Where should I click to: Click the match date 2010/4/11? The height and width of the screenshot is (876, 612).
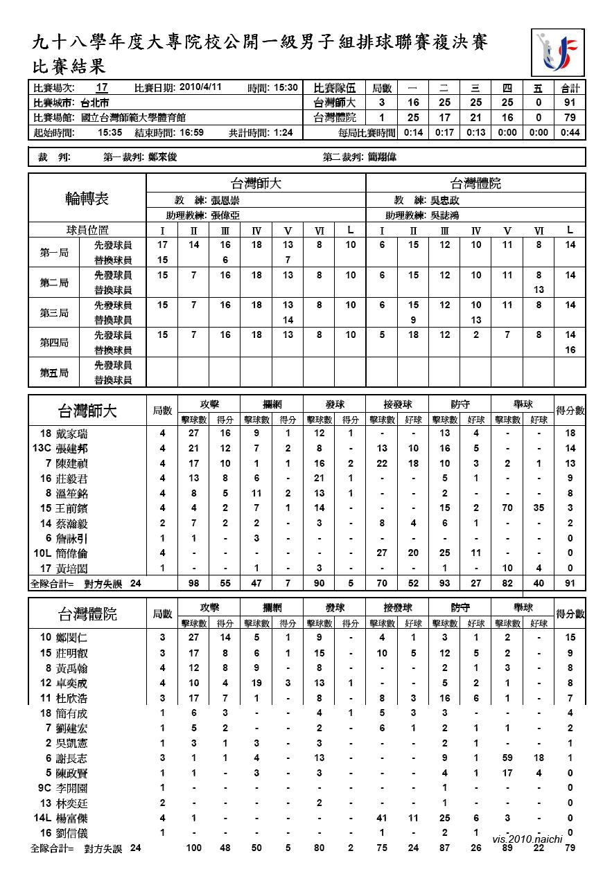pyautogui.click(x=200, y=87)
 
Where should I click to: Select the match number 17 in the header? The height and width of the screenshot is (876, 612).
pyautogui.click(x=102, y=88)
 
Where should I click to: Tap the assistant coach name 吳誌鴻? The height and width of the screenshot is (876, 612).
pyautogui.click(x=444, y=215)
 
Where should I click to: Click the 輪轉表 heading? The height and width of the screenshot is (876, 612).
pyautogui.click(x=87, y=199)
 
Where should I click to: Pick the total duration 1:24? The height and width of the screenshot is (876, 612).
pyautogui.click(x=283, y=132)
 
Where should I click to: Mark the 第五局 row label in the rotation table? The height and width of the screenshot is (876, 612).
pyautogui.click(x=53, y=373)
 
